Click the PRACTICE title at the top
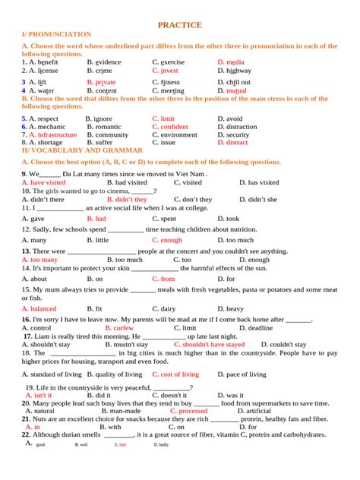(179, 25)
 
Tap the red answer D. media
(231, 62)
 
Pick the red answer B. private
(101, 82)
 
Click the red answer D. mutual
(232, 90)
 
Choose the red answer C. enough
(167, 240)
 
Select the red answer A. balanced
(39, 309)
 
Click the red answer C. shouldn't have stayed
(209, 344)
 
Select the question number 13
(26, 251)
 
